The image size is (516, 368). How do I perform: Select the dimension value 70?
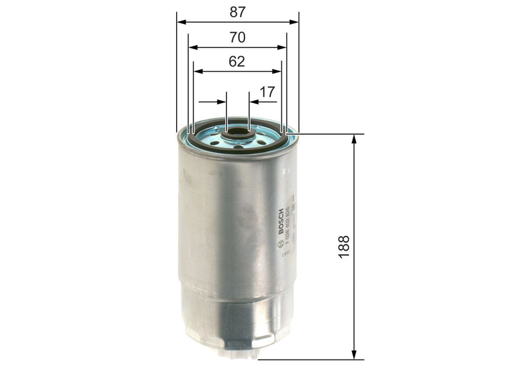[x=237, y=37]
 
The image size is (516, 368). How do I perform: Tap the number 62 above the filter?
[x=237, y=62]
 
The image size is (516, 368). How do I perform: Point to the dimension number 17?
[x=267, y=92]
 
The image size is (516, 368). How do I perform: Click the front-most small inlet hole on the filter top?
[x=239, y=147]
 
